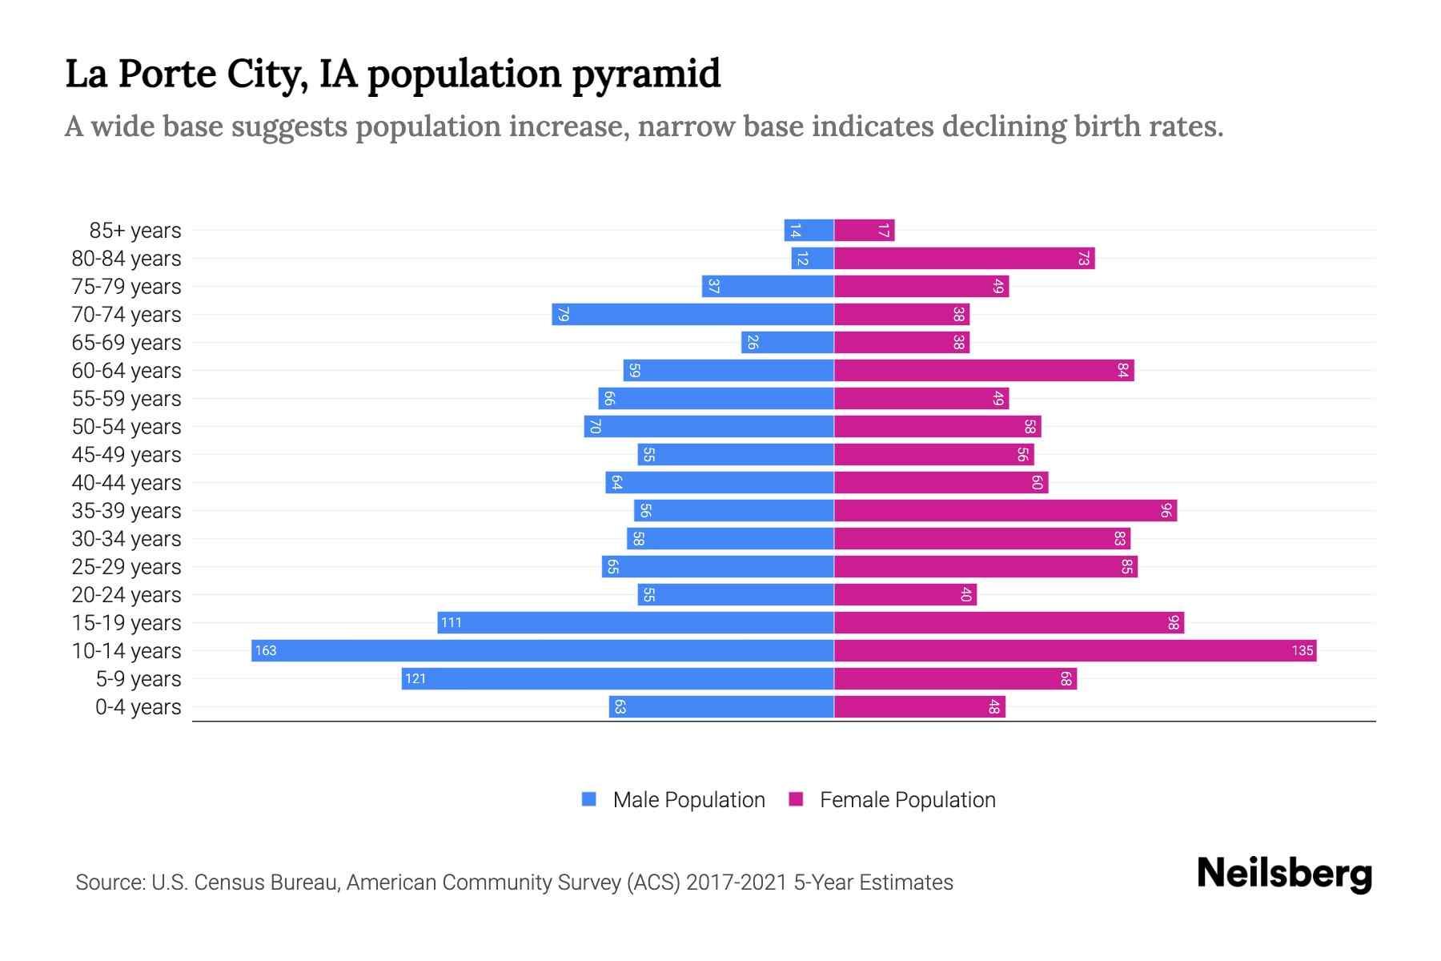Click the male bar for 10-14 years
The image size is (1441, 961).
[x=543, y=650]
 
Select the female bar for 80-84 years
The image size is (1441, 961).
[x=964, y=258]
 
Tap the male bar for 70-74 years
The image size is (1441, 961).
[x=692, y=314]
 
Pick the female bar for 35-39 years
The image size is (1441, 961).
[x=1005, y=510]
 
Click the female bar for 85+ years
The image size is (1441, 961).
[x=864, y=230]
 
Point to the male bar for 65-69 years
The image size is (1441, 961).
[x=788, y=342]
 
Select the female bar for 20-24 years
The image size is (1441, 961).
[x=905, y=594]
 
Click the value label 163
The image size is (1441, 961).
[x=266, y=650]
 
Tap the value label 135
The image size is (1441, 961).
[x=1302, y=650]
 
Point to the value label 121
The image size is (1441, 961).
[x=415, y=678]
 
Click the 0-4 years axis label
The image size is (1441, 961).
[x=138, y=707]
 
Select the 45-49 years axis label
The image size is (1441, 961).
[x=126, y=455]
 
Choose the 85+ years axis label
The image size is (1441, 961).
[x=134, y=231]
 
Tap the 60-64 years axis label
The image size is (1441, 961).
[x=126, y=371]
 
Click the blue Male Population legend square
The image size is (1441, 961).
[x=589, y=799]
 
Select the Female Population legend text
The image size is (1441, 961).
[x=907, y=799]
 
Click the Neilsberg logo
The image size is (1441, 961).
[x=1284, y=874]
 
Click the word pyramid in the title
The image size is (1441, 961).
[x=646, y=74]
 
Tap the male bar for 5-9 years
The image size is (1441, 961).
[x=617, y=678]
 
